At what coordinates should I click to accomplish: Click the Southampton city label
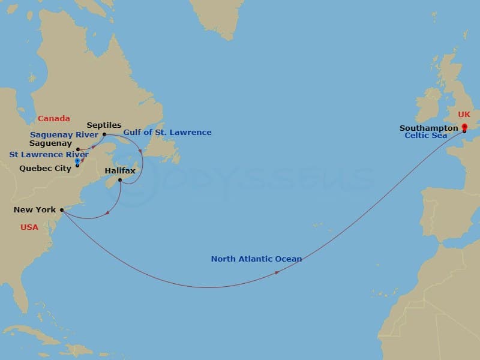point(428,128)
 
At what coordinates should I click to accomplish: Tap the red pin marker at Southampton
point(464,127)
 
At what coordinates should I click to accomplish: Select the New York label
point(34,210)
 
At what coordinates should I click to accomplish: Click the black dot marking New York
point(62,210)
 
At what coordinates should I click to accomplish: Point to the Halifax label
point(120,171)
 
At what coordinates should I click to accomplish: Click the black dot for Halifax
point(120,180)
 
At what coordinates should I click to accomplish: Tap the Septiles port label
point(104,125)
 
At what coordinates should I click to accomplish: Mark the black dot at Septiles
point(104,134)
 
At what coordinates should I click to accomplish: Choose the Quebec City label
point(45,169)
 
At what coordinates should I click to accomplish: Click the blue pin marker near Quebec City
point(77,161)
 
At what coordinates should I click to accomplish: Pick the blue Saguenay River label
point(64,134)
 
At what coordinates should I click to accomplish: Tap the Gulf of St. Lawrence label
point(167,132)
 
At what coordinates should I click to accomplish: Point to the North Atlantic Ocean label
point(256,259)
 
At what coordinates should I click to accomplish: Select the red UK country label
point(464,114)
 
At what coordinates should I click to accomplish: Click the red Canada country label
point(53,118)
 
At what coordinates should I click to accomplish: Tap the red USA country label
point(29,227)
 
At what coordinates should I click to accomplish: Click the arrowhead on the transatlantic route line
point(277,272)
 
